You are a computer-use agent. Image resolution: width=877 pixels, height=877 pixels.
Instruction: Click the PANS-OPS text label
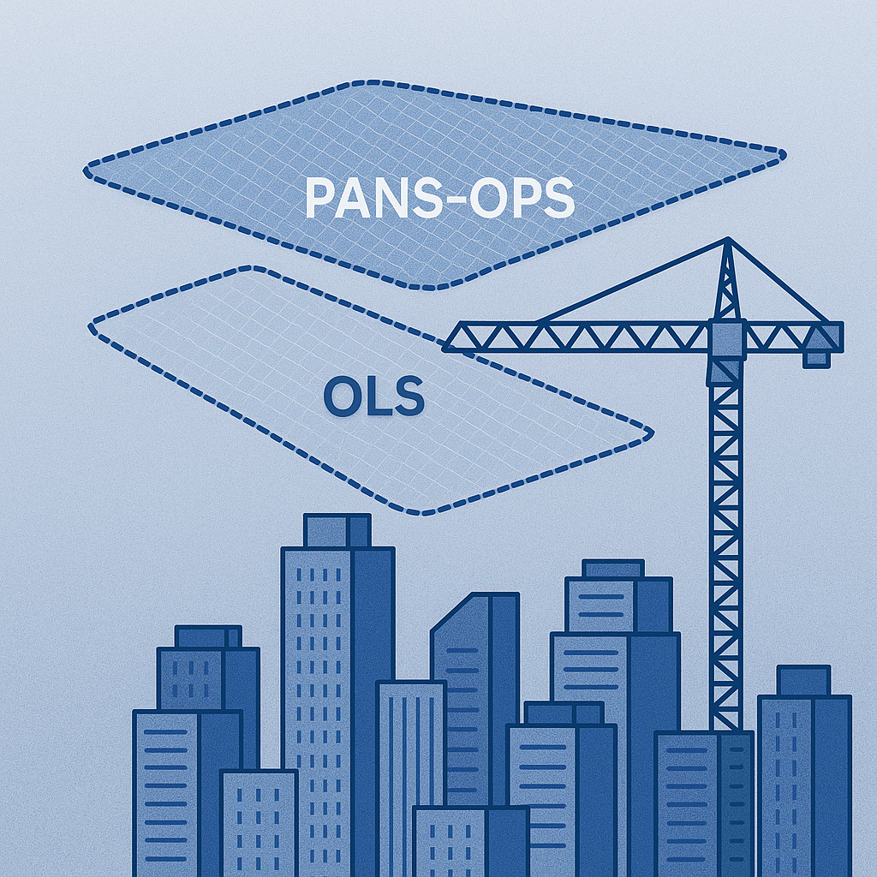click(x=440, y=198)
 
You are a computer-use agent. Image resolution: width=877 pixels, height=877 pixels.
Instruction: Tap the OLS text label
click(x=374, y=396)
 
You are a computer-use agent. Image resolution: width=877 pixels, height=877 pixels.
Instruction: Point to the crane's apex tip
click(x=728, y=239)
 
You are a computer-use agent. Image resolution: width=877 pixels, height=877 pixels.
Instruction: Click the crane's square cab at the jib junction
click(x=727, y=339)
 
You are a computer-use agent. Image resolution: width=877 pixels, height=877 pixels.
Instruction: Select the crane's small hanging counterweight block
click(x=816, y=360)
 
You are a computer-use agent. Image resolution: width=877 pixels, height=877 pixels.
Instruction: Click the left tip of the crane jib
click(x=444, y=348)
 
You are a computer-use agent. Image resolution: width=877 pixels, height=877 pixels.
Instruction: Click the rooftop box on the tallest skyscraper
click(x=337, y=531)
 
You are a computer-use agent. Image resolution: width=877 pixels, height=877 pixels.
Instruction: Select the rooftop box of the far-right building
click(x=803, y=681)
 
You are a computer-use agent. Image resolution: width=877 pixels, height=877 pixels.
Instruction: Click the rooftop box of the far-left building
click(x=208, y=637)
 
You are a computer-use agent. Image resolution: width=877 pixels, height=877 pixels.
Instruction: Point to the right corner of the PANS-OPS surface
click(x=785, y=155)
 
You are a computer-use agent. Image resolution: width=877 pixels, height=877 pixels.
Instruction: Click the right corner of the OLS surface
click(x=651, y=433)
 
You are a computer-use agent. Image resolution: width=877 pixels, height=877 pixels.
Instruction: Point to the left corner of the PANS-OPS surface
click(x=87, y=170)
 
